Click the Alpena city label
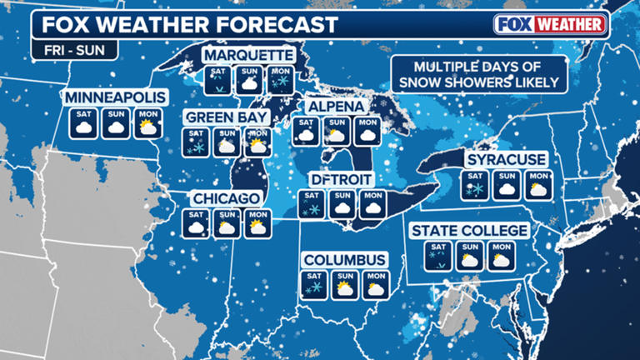pos(336,107)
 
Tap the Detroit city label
pos(340,179)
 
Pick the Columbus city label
pos(344,260)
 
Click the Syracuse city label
pos(506,158)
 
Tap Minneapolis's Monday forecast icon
pos(146,125)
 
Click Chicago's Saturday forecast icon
pos(197,222)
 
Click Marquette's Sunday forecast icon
pos(248,81)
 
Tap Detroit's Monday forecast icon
pos(370,204)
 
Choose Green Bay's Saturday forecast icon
pos(197,142)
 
